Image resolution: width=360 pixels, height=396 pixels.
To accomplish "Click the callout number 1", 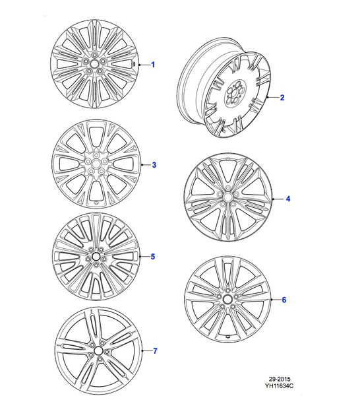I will (x=153, y=65).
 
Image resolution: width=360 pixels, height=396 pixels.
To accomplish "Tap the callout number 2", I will (x=282, y=98).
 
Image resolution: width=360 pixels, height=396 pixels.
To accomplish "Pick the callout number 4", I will (x=287, y=199).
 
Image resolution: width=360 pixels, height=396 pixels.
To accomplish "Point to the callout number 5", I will (x=152, y=256).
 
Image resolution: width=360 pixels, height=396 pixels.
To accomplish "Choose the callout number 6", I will (x=284, y=300).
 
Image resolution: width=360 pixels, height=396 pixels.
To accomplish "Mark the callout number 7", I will (x=156, y=350).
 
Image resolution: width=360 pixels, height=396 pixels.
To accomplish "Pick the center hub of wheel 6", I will (x=228, y=300).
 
